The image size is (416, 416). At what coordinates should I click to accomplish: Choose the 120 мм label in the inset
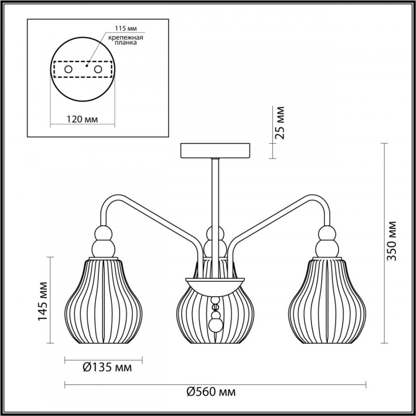pos(83,120)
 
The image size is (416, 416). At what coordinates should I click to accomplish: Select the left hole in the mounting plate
pos(68,69)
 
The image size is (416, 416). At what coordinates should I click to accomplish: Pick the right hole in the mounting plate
pos(97,69)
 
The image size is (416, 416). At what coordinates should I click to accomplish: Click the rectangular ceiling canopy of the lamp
pos(215,150)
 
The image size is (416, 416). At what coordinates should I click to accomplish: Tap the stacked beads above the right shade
pos(327,242)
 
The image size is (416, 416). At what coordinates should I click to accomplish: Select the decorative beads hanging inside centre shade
pos(215,317)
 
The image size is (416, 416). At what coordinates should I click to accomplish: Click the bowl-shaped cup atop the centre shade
pos(215,283)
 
